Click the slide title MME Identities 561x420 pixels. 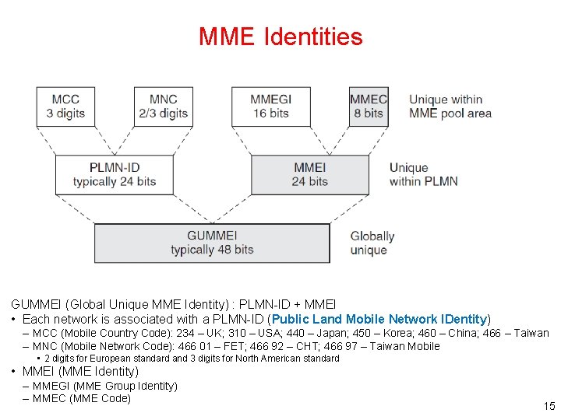coord(280,37)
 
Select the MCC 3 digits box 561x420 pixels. coord(65,106)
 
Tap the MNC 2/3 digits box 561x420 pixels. coord(163,106)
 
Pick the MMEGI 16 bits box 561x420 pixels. coord(270,106)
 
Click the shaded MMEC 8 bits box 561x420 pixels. coord(368,106)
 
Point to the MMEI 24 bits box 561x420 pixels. coord(309,174)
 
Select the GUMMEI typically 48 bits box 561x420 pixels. coord(212,243)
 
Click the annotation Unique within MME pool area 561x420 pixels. coord(450,106)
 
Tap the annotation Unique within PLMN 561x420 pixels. coord(423,174)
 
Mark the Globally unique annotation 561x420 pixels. coord(372,243)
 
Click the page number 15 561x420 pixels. coord(549,406)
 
